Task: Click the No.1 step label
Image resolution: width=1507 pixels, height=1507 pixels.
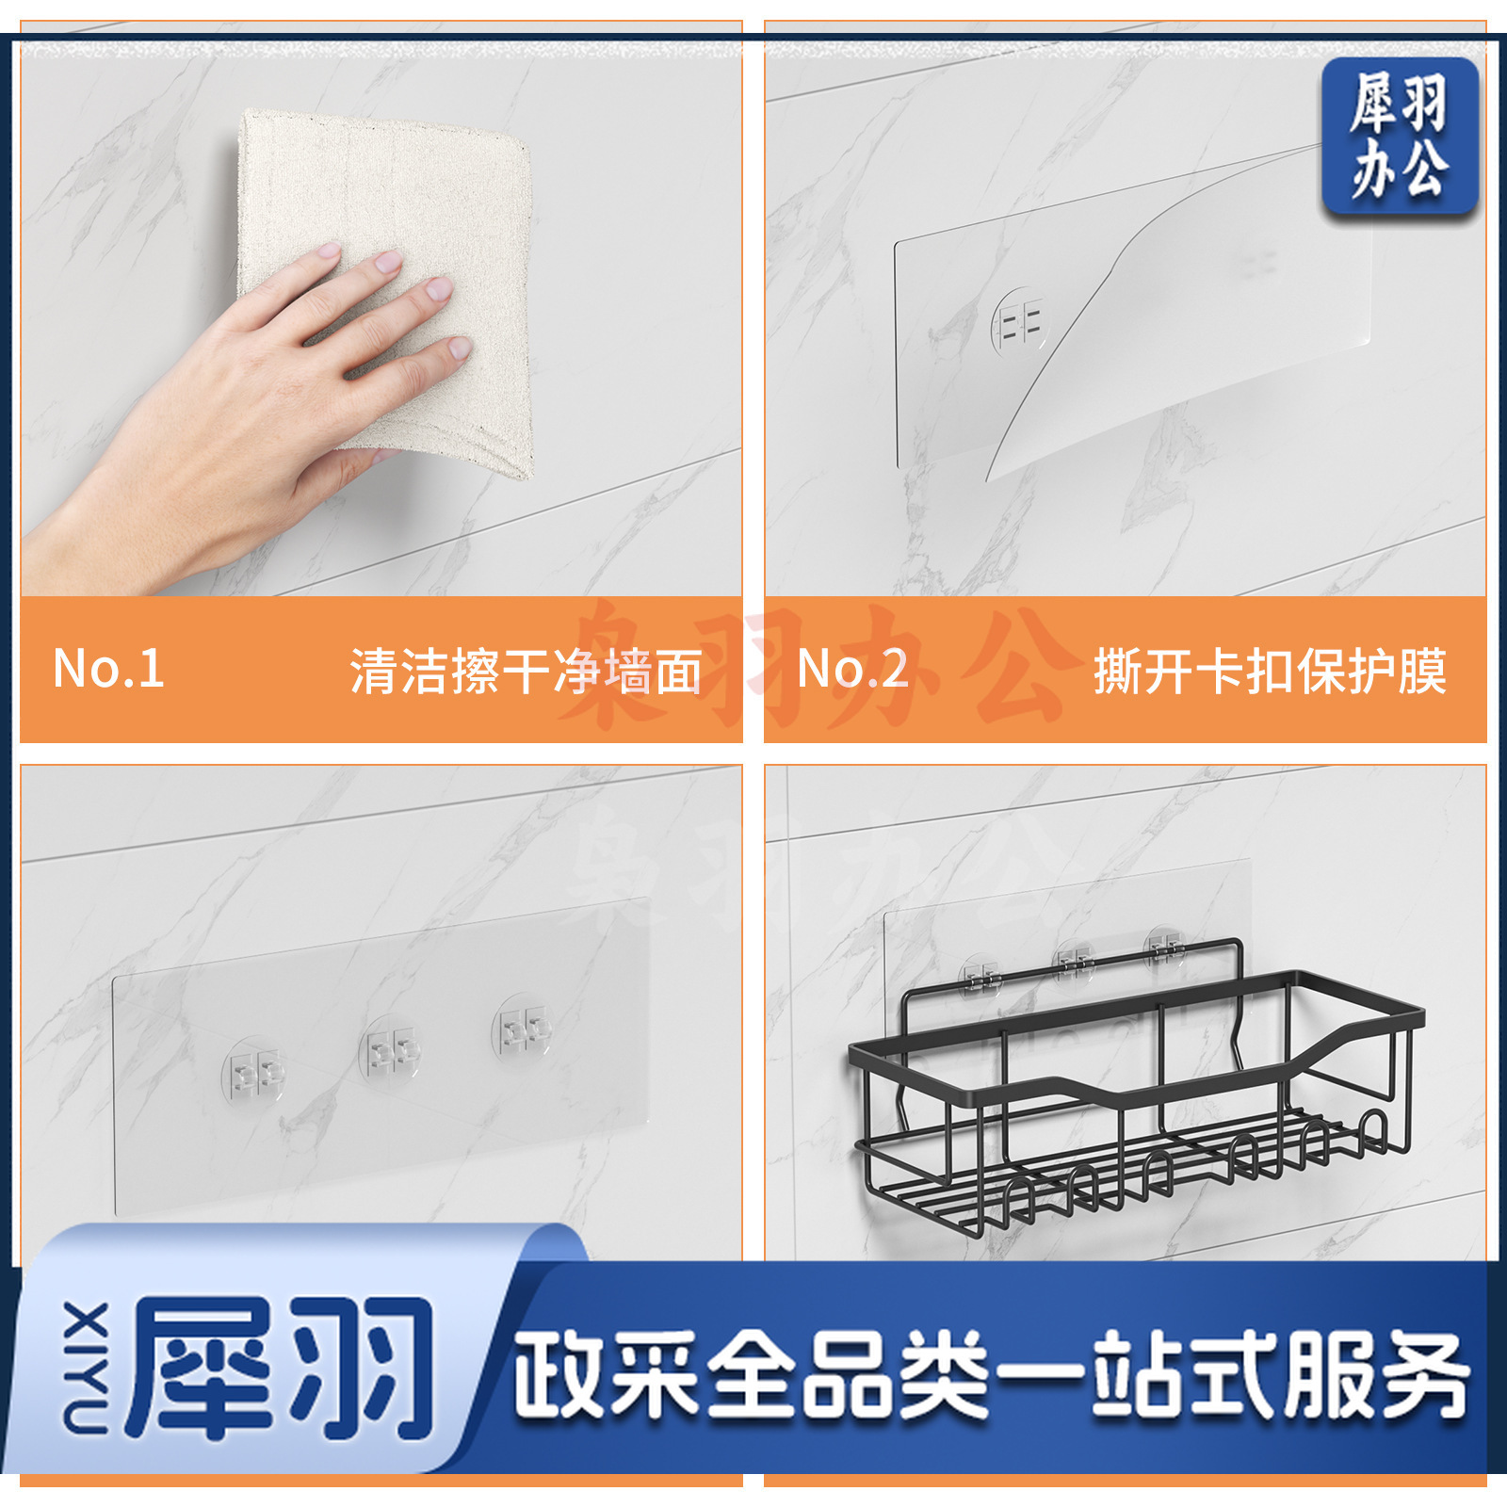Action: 109,668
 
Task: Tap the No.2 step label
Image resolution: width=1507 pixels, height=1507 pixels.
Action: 853,668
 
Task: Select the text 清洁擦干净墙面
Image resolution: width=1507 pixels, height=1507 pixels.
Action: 527,672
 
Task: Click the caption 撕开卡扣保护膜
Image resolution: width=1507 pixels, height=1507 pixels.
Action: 1270,672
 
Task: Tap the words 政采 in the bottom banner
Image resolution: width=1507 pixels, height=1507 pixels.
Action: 607,1375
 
